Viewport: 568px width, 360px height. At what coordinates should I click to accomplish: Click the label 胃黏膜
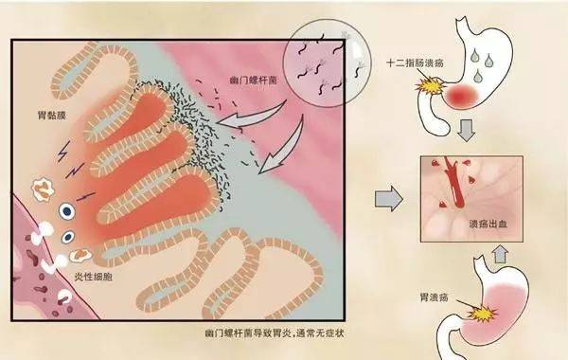45,120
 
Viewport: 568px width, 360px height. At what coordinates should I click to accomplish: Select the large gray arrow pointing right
389,199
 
